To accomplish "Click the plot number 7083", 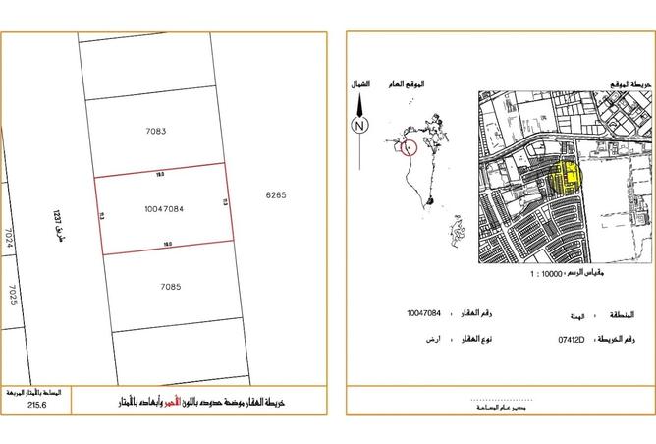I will click(x=156, y=130).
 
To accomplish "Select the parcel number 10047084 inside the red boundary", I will click(x=164, y=208).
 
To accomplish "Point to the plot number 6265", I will click(x=275, y=195).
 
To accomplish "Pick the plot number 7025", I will click(x=13, y=296).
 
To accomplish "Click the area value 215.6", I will click(x=38, y=405).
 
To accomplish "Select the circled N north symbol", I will click(x=360, y=125).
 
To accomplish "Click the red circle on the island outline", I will click(x=410, y=147).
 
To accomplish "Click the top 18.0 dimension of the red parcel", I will click(x=161, y=173).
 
